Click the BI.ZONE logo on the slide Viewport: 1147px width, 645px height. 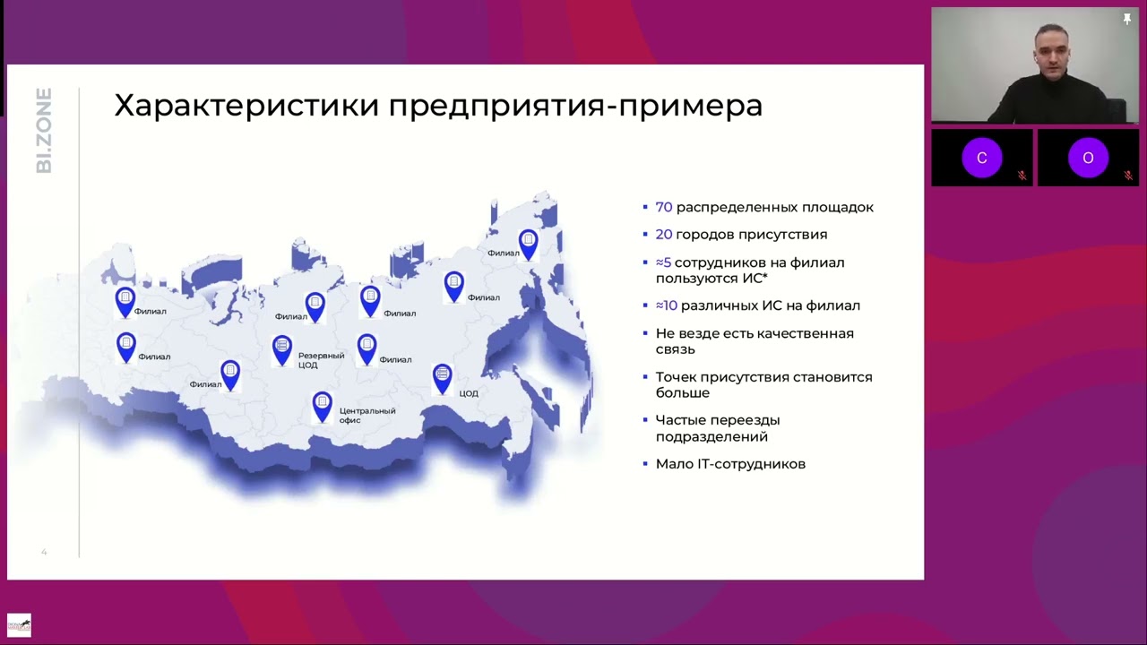pos(44,130)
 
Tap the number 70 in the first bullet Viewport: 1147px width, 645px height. pos(663,207)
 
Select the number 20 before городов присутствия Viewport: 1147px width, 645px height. pos(663,235)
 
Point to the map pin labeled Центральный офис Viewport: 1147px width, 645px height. pos(322,405)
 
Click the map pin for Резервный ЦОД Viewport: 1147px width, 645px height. pos(282,348)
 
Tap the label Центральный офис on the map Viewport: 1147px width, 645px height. pos(367,415)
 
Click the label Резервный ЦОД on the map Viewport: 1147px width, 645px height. pos(321,360)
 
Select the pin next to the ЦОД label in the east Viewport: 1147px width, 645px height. pos(442,377)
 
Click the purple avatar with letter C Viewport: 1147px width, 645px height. pos(981,158)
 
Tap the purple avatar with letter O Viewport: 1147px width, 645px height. pos(1088,158)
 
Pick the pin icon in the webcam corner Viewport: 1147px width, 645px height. pos(1127,19)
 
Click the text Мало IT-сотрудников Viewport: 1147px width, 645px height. pos(730,464)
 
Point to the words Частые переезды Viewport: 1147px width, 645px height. pos(717,420)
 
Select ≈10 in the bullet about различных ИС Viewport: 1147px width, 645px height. pos(666,305)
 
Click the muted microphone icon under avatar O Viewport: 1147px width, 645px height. pos(1128,176)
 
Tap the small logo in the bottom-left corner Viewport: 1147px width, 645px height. pos(19,624)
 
